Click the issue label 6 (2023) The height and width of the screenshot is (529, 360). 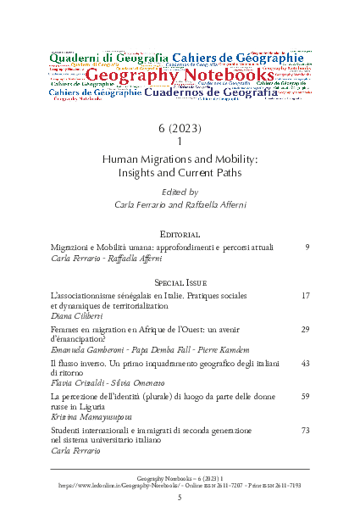[x=179, y=128]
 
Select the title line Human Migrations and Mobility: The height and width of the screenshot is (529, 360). [x=179, y=158]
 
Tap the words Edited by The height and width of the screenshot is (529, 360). [x=179, y=192]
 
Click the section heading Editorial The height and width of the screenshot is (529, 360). [x=179, y=232]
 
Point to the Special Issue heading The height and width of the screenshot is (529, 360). [x=179, y=281]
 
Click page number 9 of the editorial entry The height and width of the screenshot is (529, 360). [x=306, y=247]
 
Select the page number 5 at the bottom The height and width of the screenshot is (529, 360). [x=180, y=498]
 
